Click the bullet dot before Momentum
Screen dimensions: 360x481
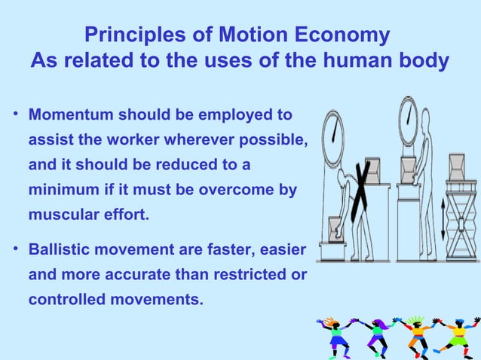coord(16,117)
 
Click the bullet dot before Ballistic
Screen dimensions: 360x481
coord(16,250)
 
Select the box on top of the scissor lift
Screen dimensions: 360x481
coord(457,163)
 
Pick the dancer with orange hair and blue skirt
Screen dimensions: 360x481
coord(335,336)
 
